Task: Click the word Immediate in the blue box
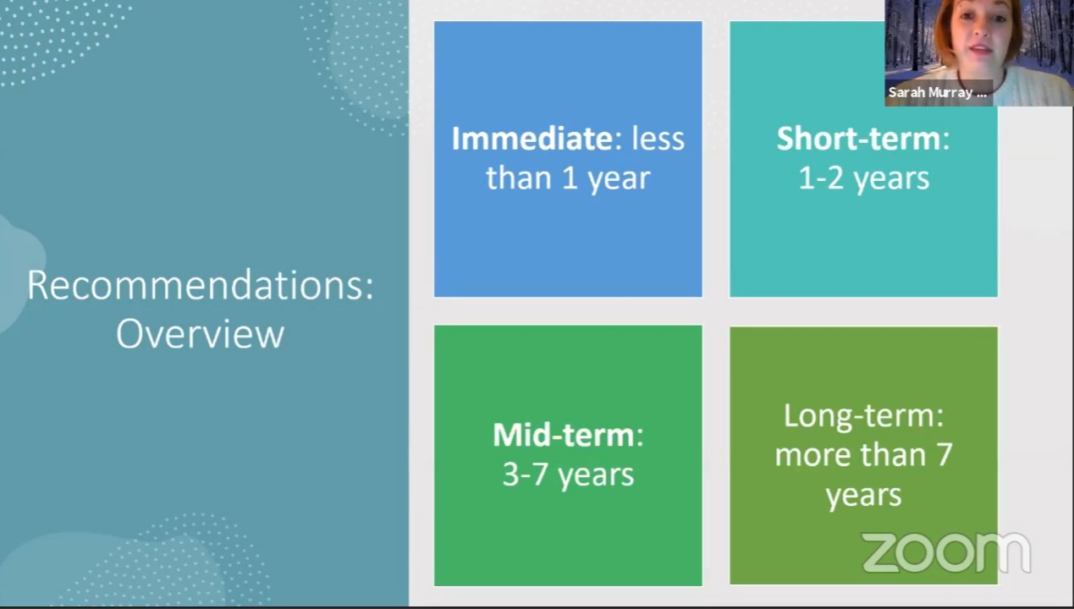click(x=531, y=139)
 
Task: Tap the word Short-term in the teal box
click(x=858, y=139)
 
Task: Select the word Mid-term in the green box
click(x=564, y=435)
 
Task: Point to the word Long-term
click(x=858, y=415)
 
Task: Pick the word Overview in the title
click(x=200, y=334)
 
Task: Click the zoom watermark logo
click(x=946, y=552)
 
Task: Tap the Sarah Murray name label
click(x=938, y=92)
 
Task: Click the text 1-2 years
click(x=863, y=178)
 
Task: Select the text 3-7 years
click(x=568, y=475)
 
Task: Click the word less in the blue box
click(x=658, y=139)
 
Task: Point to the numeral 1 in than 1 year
click(x=569, y=178)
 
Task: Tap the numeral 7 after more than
click(x=944, y=455)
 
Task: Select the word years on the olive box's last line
click(x=863, y=496)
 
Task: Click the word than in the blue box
click(x=519, y=178)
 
